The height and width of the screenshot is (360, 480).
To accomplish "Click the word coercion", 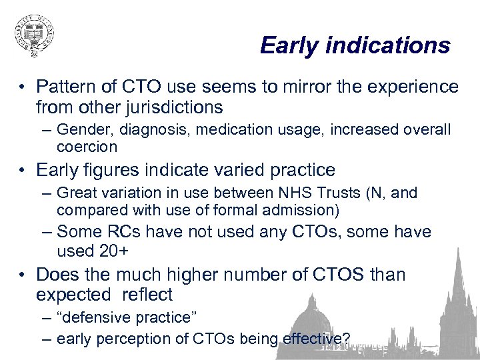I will pos(87,146).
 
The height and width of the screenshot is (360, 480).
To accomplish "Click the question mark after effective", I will pos(345,339).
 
